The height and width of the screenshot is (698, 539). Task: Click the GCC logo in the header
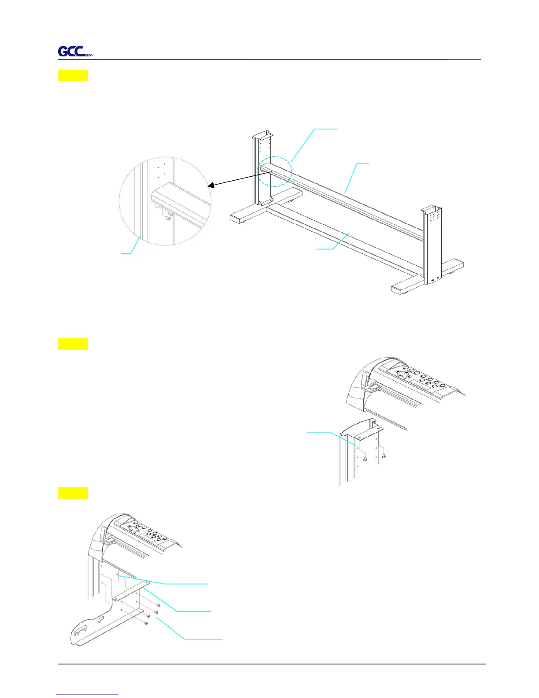[75, 52]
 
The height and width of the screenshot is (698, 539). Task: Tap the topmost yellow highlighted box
[73, 75]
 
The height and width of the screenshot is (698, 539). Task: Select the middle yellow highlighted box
[73, 344]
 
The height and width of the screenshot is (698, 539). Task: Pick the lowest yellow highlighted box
[73, 493]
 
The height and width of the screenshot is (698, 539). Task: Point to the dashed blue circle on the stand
[275, 171]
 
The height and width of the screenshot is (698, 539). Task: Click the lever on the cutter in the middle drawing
[365, 380]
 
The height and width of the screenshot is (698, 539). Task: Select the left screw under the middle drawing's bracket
[365, 459]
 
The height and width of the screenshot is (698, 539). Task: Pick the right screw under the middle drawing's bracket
[384, 456]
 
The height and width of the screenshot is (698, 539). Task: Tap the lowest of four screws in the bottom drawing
[145, 623]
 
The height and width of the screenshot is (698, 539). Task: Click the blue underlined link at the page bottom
[87, 694]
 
